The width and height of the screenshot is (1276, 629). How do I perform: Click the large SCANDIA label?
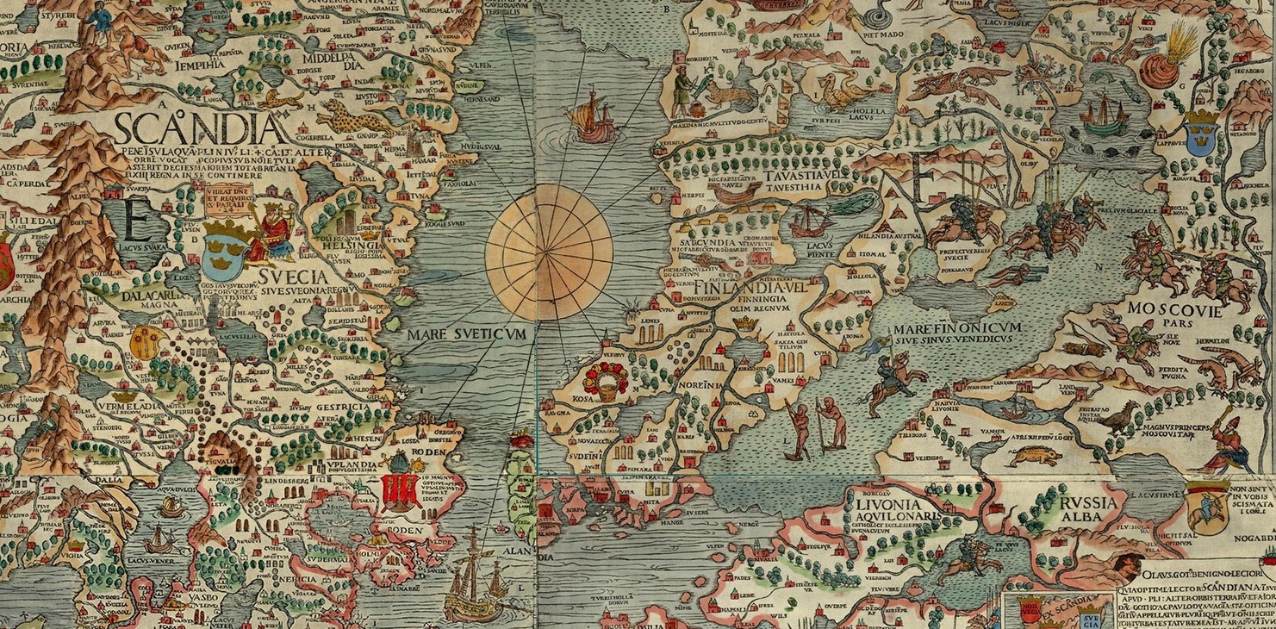[x=198, y=130]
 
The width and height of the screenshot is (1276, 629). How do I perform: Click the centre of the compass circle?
[x=549, y=249]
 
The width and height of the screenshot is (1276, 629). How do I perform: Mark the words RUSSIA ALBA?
[x=1078, y=508]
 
